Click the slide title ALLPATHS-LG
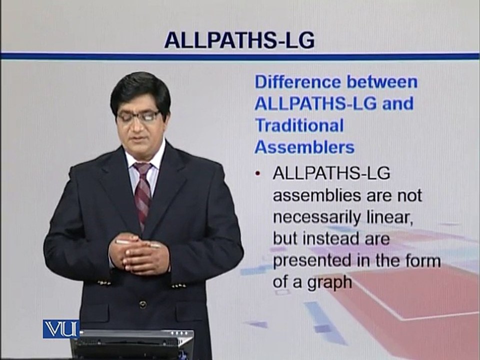[239, 40]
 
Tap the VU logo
[61, 329]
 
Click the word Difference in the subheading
[298, 82]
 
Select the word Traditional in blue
[299, 125]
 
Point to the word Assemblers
[304, 147]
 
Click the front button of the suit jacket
[142, 304]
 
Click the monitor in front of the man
[132, 344]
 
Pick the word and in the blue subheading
[397, 103]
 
